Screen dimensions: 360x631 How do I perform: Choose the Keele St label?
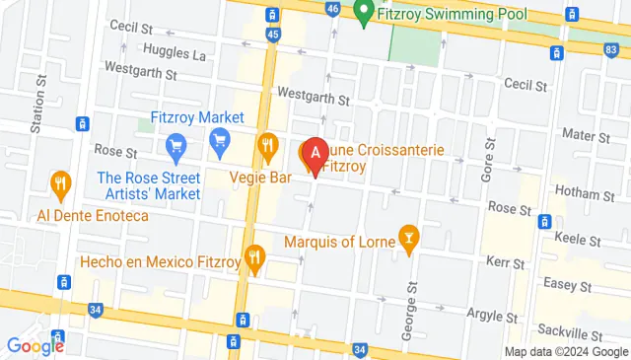coord(579,240)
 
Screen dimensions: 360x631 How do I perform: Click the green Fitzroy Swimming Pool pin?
coord(364,14)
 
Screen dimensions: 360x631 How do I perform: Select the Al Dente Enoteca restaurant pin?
coord(61,183)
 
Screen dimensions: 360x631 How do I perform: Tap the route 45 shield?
coord(273,36)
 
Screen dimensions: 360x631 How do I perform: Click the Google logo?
coord(35,345)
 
